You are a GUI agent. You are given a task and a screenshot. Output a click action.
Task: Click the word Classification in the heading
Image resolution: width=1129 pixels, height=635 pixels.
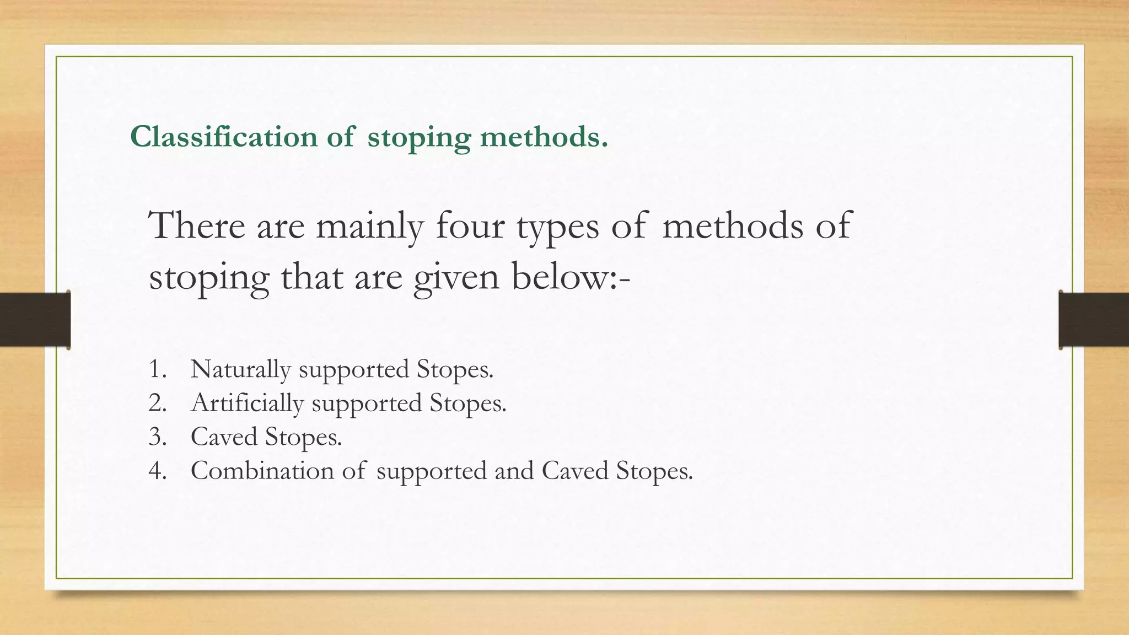pos(224,137)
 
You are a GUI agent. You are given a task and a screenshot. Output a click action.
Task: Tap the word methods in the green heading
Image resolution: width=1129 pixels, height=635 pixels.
pos(544,137)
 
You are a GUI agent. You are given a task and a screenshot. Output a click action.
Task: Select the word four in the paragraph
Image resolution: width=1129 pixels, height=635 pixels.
pos(470,226)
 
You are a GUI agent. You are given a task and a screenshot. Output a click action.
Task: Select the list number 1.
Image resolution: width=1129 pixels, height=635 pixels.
pos(157,369)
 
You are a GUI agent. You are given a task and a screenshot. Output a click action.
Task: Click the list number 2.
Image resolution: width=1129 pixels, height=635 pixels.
pos(157,403)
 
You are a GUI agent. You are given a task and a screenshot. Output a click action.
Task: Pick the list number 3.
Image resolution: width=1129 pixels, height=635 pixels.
pos(157,437)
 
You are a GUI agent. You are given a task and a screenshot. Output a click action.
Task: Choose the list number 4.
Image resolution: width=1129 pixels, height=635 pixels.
pos(157,471)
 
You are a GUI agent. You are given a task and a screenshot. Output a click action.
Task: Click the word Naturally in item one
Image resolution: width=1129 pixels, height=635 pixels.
pos(240,369)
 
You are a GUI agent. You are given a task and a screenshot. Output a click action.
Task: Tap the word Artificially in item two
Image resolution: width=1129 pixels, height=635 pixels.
pos(247,403)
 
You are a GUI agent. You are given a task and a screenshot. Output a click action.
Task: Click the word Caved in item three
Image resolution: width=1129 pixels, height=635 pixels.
pos(224,437)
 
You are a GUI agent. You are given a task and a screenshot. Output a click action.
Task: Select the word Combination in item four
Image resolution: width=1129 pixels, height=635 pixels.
pos(262,471)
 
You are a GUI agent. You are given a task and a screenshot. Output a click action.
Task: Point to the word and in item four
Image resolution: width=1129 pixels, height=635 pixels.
pos(514,471)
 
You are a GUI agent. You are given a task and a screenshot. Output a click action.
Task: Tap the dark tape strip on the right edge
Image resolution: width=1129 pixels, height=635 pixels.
pos(1094,320)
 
